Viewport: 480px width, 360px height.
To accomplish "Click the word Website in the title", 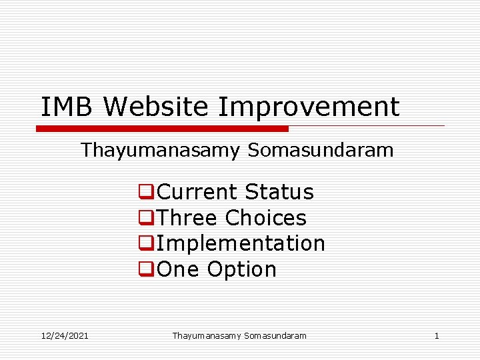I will pyautogui.click(x=157, y=107).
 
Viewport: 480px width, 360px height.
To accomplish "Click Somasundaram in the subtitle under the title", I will pyautogui.click(x=321, y=151).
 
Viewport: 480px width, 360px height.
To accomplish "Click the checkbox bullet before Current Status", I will pyautogui.click(x=145, y=193).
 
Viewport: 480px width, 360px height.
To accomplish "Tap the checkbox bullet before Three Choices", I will pyautogui.click(x=145, y=219).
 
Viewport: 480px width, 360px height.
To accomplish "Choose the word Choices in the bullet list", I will pyautogui.click(x=265, y=218).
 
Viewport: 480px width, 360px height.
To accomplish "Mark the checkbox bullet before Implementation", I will pyautogui.click(x=145, y=244).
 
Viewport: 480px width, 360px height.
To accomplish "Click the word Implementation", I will pyautogui.click(x=241, y=244).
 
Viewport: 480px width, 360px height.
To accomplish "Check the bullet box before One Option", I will pyautogui.click(x=145, y=270).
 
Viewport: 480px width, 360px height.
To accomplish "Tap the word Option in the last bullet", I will pyautogui.click(x=241, y=269).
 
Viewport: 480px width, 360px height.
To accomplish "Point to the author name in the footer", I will pyautogui.click(x=239, y=335).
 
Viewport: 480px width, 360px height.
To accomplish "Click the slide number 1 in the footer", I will pyautogui.click(x=437, y=335).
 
